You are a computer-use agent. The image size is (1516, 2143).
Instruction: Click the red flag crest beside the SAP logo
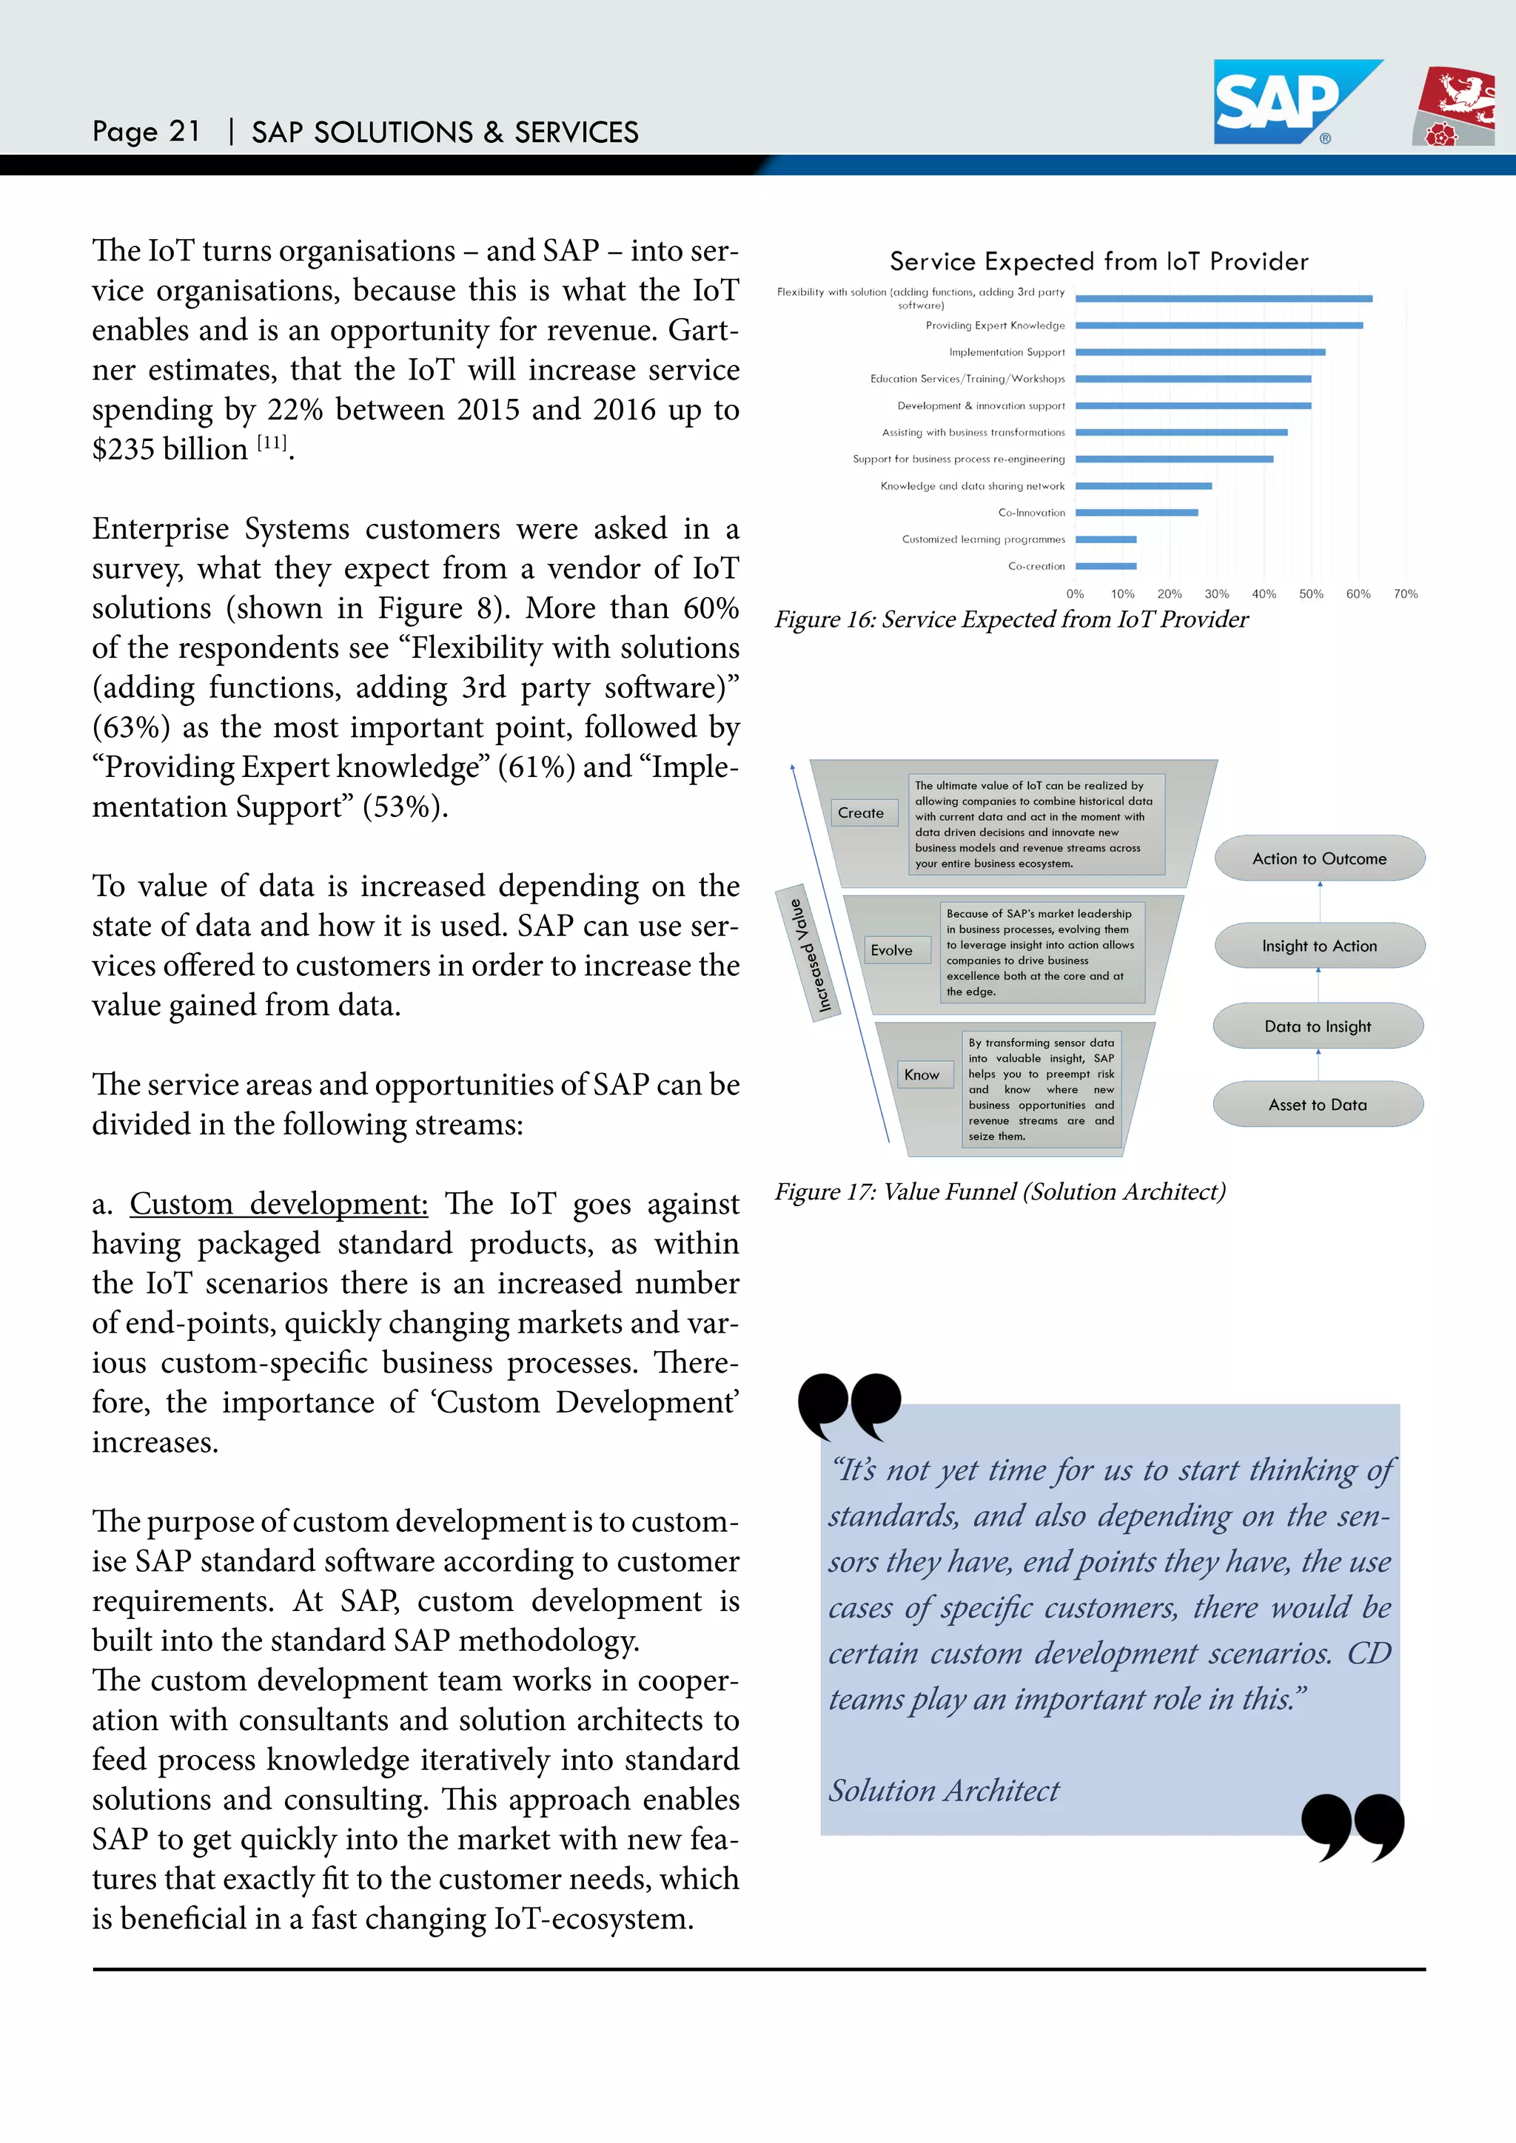point(1455,107)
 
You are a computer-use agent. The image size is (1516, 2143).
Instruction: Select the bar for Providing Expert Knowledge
point(1218,326)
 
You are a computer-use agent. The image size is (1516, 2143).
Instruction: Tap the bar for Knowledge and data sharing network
point(1144,486)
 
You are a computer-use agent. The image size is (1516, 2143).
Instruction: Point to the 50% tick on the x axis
point(1311,593)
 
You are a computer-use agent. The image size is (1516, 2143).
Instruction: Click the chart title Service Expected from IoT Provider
point(1099,261)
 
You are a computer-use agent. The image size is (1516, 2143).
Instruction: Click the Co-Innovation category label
point(1030,512)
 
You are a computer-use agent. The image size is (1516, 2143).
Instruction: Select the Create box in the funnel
point(861,813)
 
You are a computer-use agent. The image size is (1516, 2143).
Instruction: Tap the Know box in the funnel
point(922,1075)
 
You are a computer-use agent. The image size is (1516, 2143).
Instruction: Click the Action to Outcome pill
point(1319,858)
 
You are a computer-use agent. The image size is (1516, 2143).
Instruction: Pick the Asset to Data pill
point(1317,1105)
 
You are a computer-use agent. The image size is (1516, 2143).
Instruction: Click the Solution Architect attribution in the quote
point(944,1790)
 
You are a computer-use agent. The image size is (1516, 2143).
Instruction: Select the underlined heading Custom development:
point(278,1204)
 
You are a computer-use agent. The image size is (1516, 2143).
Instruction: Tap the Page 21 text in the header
point(146,132)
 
